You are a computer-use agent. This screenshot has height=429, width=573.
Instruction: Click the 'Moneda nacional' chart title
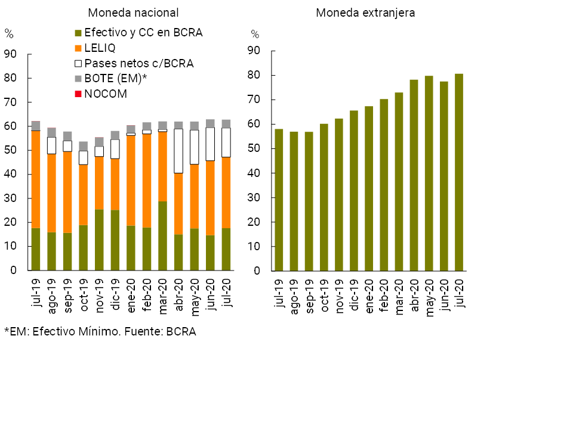[133, 13]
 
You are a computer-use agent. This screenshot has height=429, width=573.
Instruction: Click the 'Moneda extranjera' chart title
[366, 13]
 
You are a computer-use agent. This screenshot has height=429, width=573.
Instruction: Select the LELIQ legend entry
[100, 48]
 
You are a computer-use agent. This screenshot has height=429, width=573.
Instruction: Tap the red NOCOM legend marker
[77, 94]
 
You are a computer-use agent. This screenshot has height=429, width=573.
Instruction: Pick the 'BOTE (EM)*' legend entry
[115, 79]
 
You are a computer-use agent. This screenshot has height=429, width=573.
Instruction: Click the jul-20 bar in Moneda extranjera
[458, 172]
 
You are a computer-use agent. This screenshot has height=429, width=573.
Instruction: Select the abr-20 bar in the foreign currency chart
[414, 175]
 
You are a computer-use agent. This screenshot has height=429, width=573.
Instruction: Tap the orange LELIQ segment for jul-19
[36, 179]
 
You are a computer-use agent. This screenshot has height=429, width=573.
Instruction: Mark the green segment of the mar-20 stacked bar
[162, 236]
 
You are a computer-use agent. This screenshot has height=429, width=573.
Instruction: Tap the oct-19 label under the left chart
[84, 294]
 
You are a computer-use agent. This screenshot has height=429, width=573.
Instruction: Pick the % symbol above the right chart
[255, 34]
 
